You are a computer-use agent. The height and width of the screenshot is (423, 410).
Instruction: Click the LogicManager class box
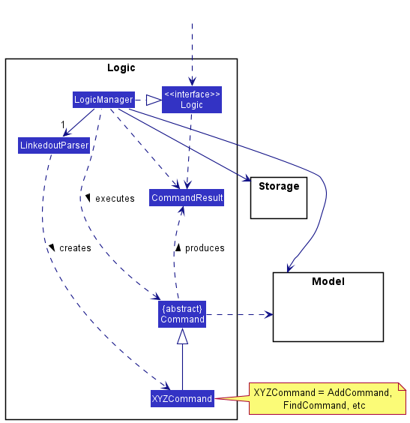tap(103, 100)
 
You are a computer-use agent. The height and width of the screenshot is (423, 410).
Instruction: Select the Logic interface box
tap(192, 100)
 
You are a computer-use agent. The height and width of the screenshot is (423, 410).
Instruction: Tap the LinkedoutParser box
tap(54, 145)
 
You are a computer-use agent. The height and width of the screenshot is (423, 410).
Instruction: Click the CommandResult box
tap(187, 198)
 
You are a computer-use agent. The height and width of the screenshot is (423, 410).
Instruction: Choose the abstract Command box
tap(182, 314)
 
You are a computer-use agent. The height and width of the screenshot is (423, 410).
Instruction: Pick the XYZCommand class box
tap(182, 398)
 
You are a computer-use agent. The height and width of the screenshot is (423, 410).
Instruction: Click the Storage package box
tap(278, 197)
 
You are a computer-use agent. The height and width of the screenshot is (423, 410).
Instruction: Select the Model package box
tap(328, 307)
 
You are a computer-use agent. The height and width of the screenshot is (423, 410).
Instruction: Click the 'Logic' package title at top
tap(121, 67)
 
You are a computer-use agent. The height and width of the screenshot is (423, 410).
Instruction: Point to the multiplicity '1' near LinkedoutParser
tap(64, 124)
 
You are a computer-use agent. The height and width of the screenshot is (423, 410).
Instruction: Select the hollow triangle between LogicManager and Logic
tap(153, 100)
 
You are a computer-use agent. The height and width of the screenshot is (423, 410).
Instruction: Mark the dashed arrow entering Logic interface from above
tap(192, 52)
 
